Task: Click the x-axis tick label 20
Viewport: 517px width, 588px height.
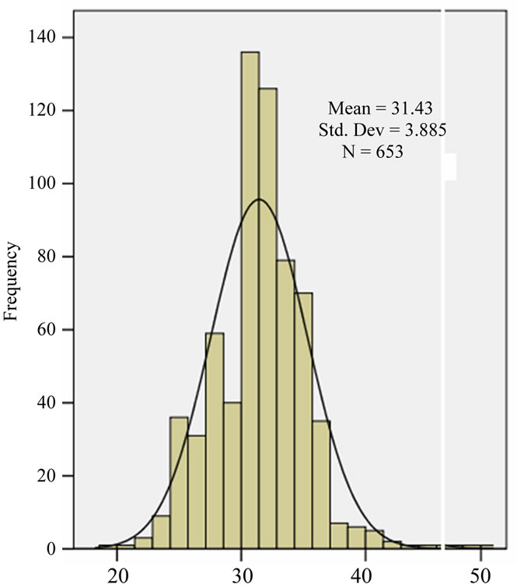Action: pyautogui.click(x=117, y=576)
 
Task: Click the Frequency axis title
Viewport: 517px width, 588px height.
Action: pyautogui.click(x=12, y=282)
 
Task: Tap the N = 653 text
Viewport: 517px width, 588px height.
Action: pyautogui.click(x=372, y=152)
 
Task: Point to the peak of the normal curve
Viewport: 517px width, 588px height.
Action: pyautogui.click(x=259, y=200)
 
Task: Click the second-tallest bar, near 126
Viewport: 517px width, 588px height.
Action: pyautogui.click(x=268, y=319)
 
